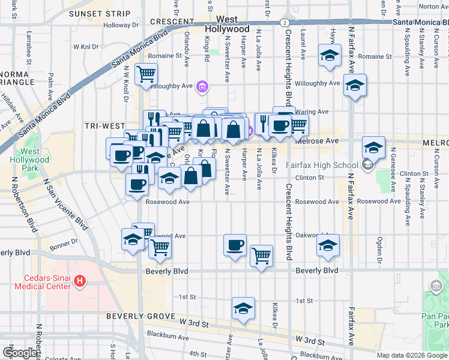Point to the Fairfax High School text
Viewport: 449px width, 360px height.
click(322, 166)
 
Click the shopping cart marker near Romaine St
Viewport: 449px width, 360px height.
click(146, 75)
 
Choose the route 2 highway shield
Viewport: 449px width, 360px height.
click(283, 22)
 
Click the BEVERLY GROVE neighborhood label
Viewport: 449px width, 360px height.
click(140, 316)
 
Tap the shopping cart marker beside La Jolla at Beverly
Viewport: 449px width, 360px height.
click(261, 256)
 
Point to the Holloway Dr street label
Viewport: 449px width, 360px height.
click(121, 25)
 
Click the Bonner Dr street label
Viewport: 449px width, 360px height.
click(76, 241)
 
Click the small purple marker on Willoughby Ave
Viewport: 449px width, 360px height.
click(202, 88)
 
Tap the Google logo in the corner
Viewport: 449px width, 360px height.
click(20, 353)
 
